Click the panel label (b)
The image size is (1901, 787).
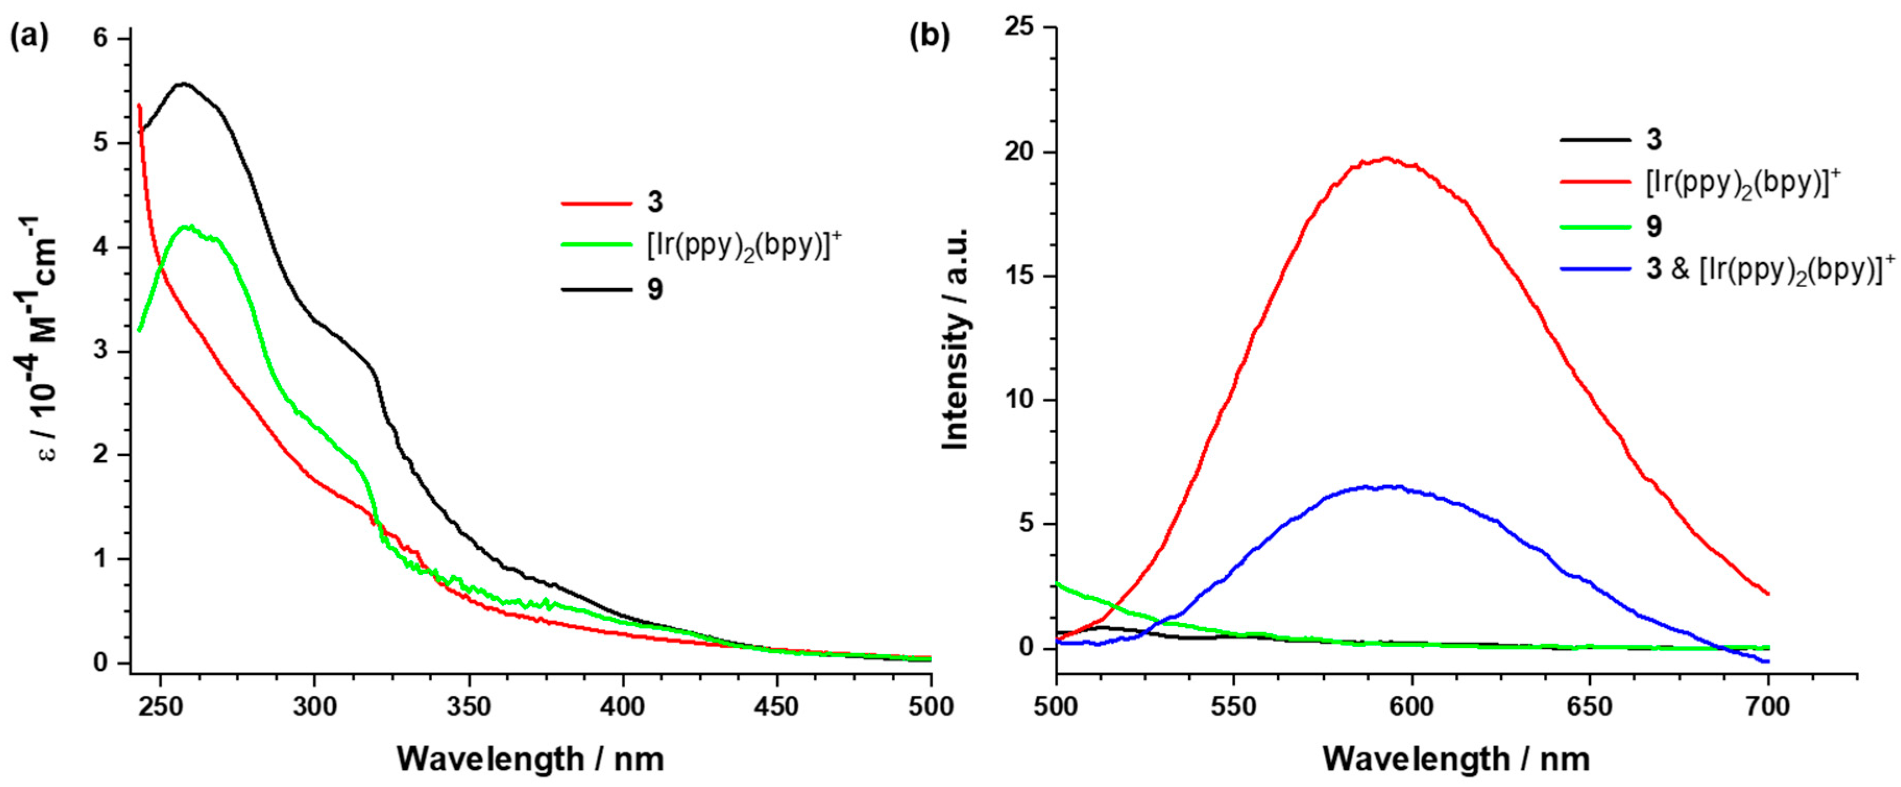[929, 37]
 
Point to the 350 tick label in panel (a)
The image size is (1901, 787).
[469, 707]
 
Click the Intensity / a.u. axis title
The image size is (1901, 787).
[956, 339]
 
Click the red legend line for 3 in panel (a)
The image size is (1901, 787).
[596, 203]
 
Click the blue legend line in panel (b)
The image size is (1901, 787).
[1595, 270]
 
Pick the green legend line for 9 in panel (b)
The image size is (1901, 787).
[1595, 226]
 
